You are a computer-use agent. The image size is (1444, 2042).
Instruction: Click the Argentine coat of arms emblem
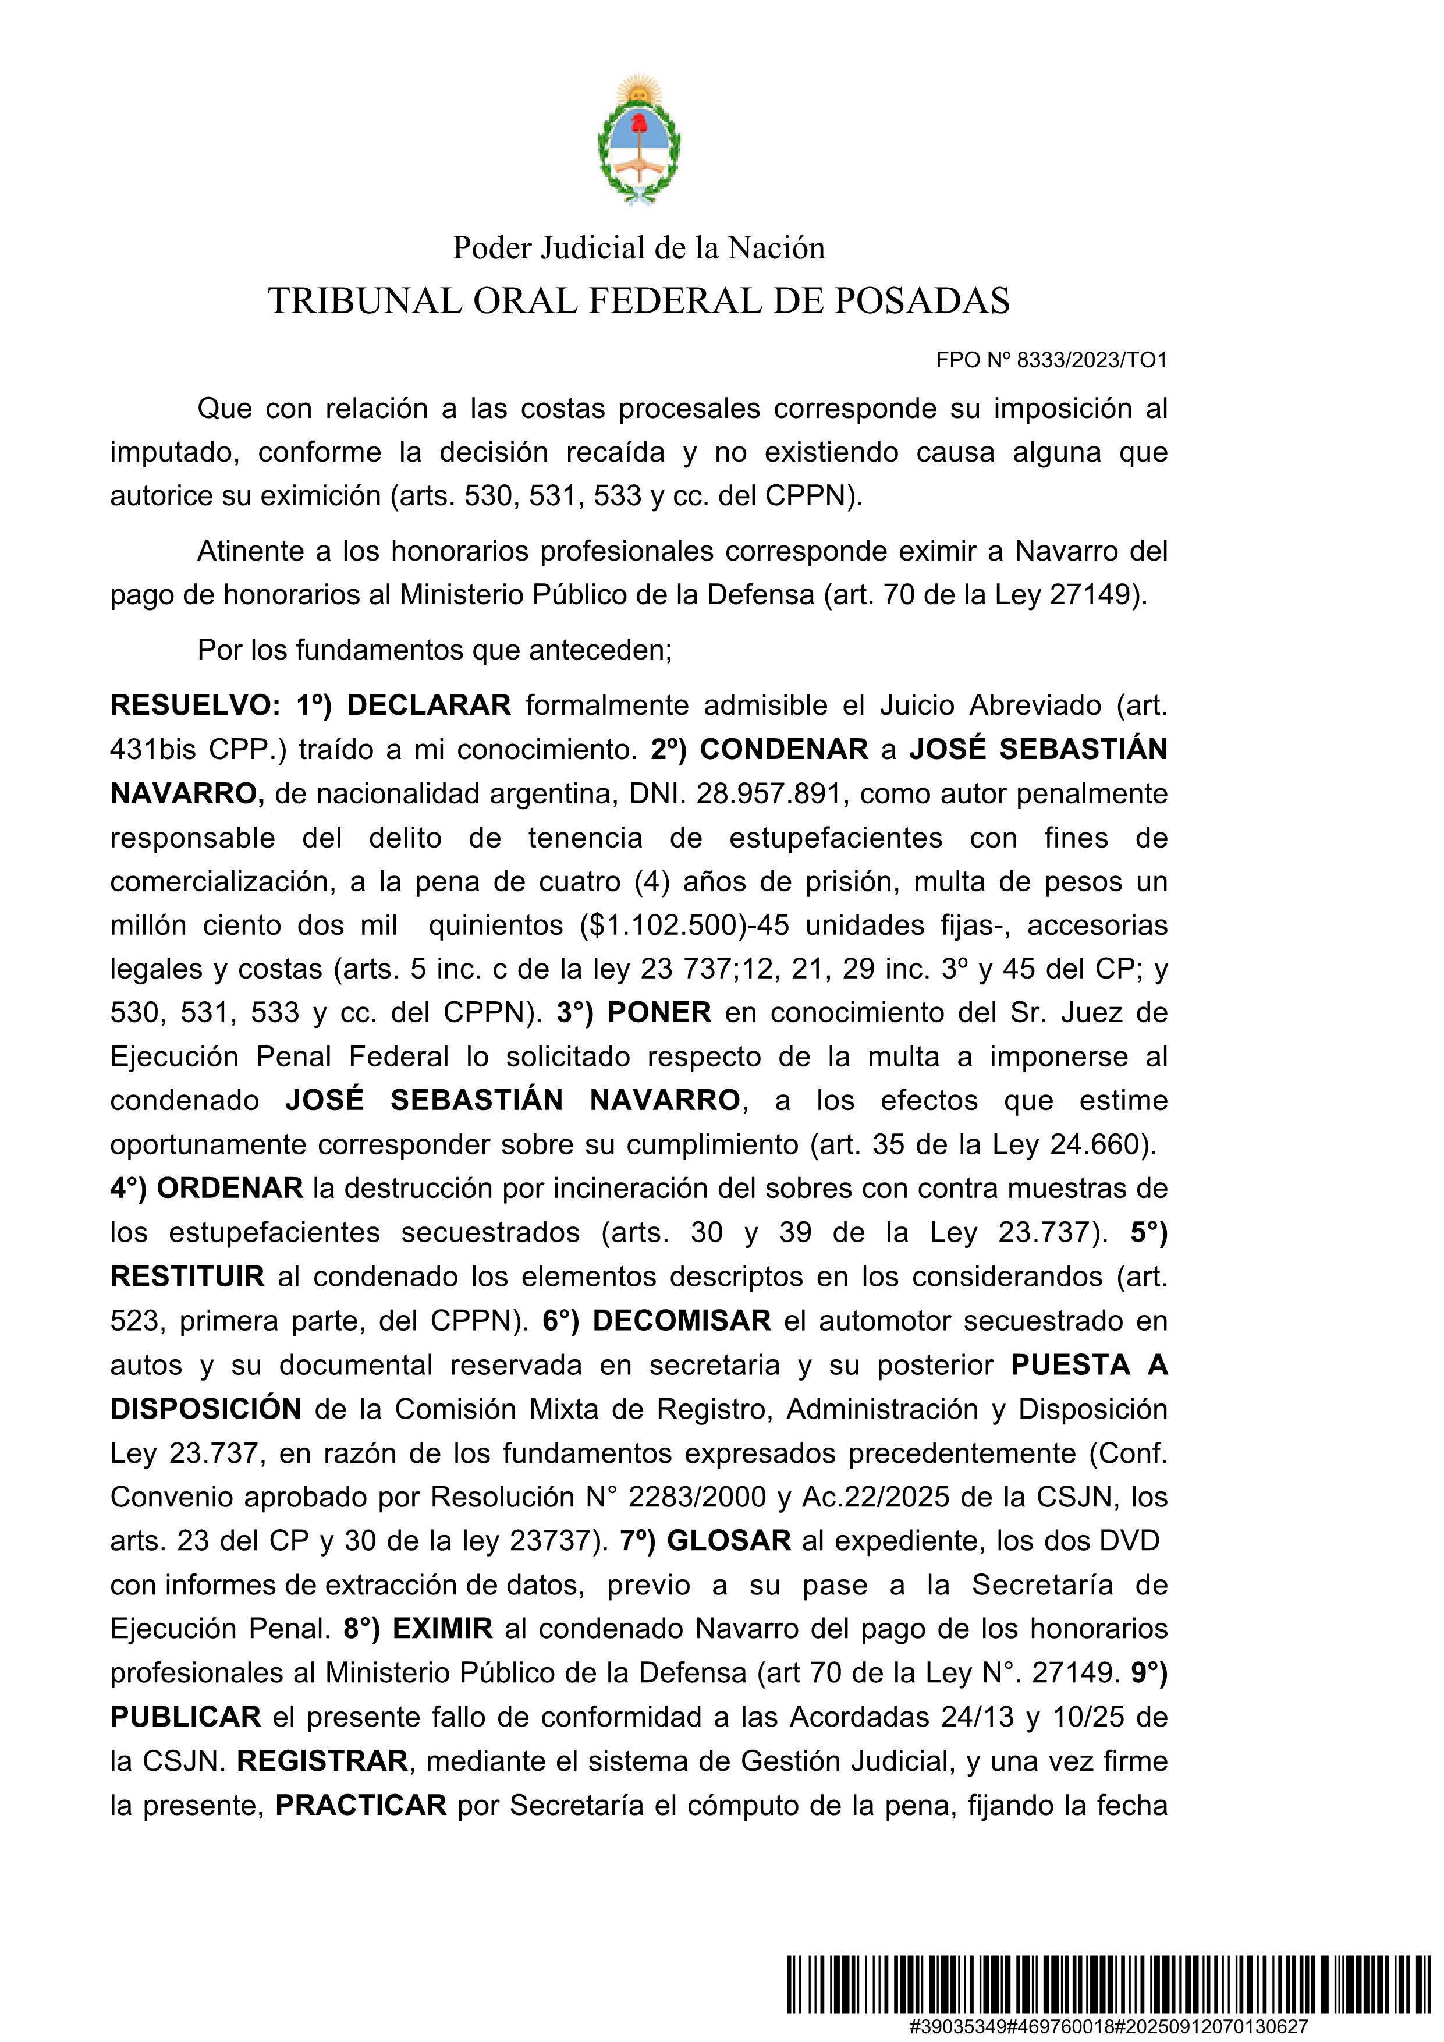638,140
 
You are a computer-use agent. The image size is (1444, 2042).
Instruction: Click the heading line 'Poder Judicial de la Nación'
638,247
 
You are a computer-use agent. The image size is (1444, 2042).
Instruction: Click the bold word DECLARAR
428,706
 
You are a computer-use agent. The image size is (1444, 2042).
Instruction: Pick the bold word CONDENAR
783,749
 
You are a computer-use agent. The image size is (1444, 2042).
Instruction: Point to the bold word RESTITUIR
187,1276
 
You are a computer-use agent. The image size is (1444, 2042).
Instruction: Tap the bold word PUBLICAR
185,1717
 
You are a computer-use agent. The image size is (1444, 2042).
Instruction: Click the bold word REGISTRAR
322,1760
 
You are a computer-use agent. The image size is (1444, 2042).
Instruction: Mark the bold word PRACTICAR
360,1805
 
